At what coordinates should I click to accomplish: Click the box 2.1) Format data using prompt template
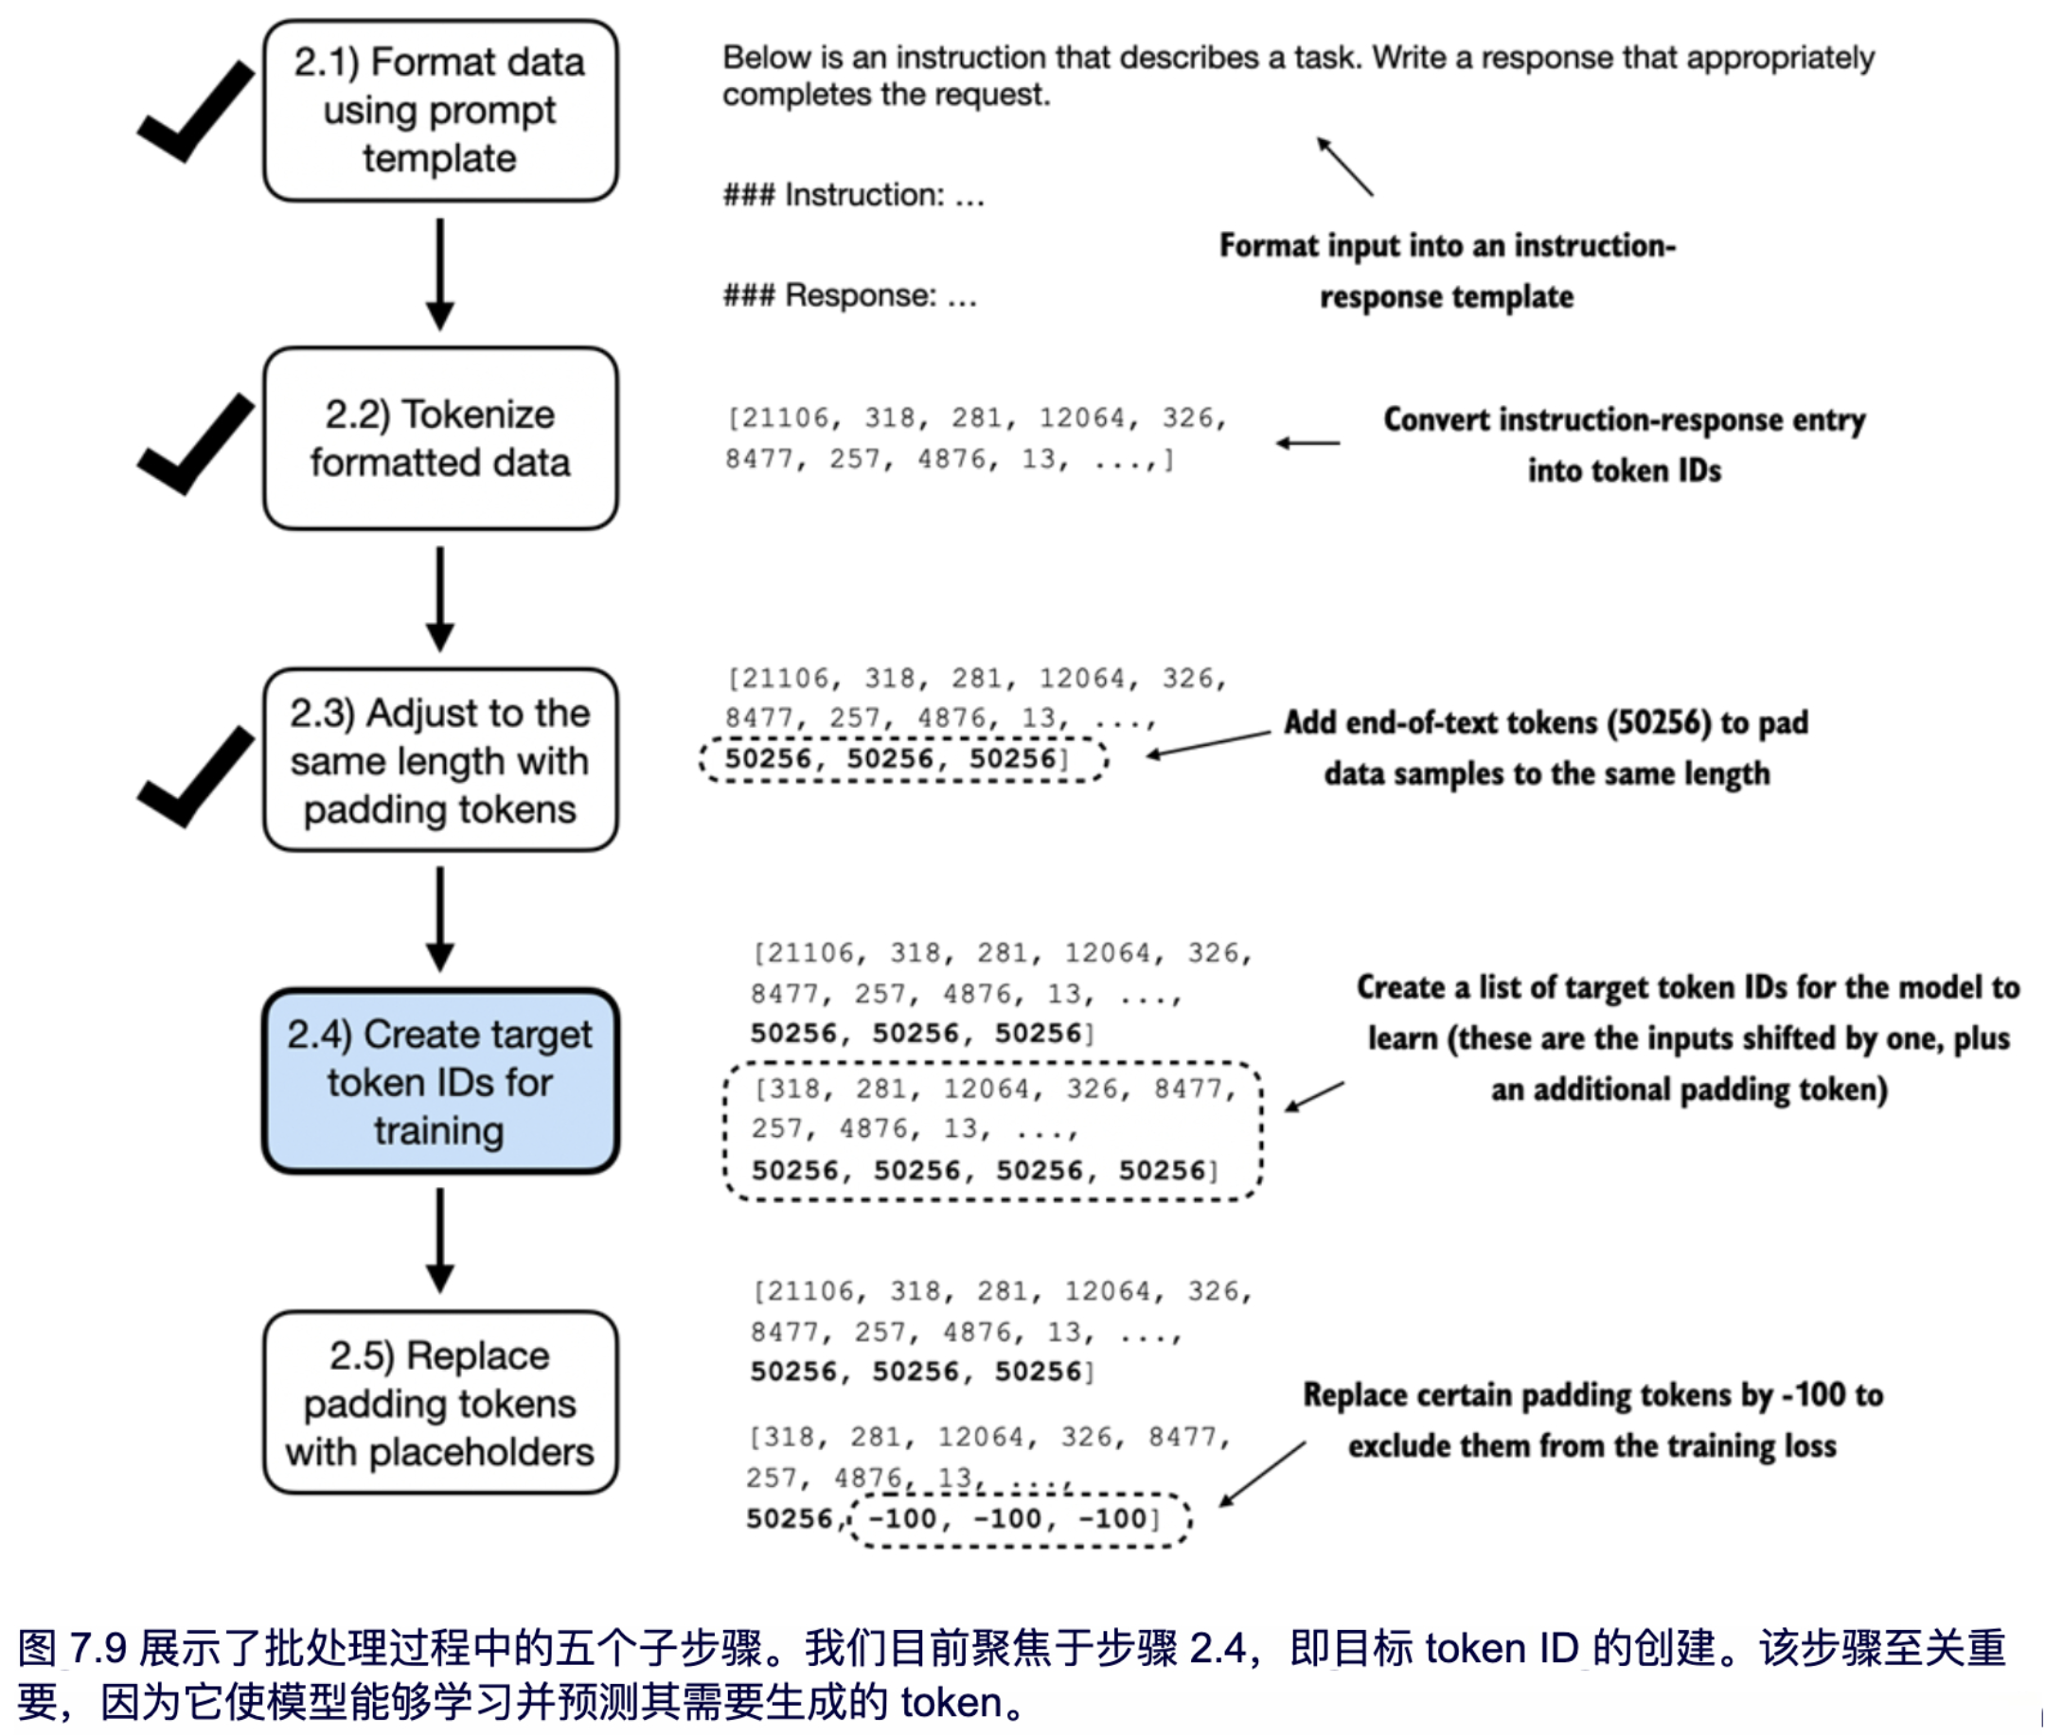pyautogui.click(x=440, y=110)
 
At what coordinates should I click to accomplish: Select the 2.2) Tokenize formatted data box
pyautogui.click(x=440, y=438)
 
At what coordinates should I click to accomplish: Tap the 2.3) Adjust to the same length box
pyautogui.click(x=440, y=760)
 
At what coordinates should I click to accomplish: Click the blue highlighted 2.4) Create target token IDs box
pyautogui.click(x=440, y=1081)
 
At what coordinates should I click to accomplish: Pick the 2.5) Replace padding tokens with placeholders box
pyautogui.click(x=440, y=1403)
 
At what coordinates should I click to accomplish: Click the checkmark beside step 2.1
pyautogui.click(x=196, y=111)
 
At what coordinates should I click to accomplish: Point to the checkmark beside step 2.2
pyautogui.click(x=196, y=444)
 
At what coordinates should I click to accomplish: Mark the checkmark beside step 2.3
pyautogui.click(x=196, y=776)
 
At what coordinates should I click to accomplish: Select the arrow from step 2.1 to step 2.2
pyautogui.click(x=440, y=274)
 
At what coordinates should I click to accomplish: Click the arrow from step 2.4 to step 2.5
pyautogui.click(x=440, y=1240)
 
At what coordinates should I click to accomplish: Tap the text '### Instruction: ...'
pyautogui.click(x=853, y=195)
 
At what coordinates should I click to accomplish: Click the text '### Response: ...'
pyautogui.click(x=850, y=295)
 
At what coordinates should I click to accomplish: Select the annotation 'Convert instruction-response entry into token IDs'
pyautogui.click(x=1624, y=445)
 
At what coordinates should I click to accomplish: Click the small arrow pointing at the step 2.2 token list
pyautogui.click(x=1307, y=443)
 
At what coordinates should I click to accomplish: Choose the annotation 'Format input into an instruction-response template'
pyautogui.click(x=1447, y=271)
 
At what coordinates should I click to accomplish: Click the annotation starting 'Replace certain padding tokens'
pyautogui.click(x=1592, y=1420)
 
